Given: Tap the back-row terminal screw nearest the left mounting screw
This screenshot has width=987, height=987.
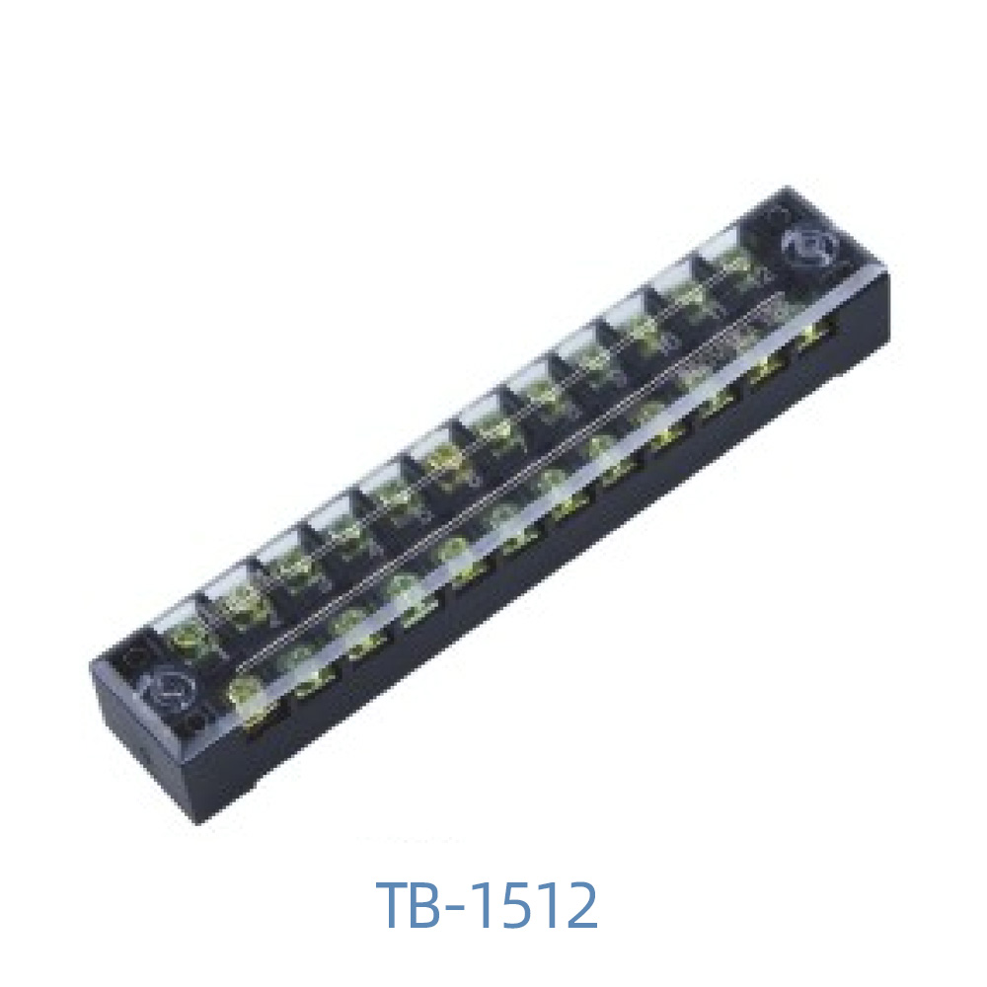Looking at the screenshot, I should pos(187,637).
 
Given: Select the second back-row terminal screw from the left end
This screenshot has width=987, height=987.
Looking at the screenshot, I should pos(240,601).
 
